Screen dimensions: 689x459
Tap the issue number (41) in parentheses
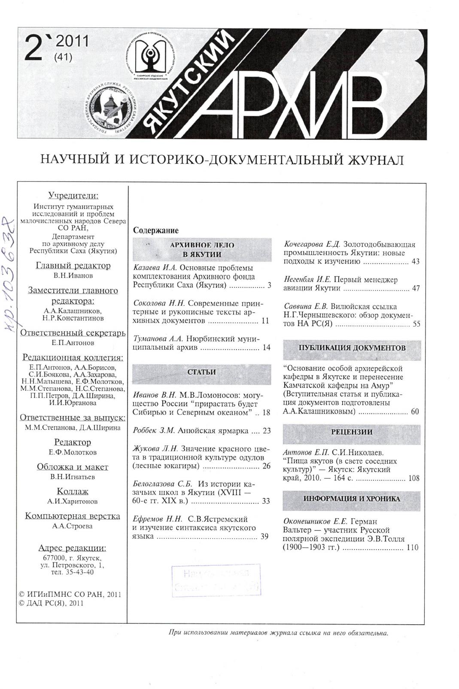(x=64, y=56)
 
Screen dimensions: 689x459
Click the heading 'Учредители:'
(x=73, y=196)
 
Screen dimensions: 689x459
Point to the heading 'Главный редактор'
(x=73, y=266)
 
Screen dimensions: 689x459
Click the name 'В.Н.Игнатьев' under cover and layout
(x=73, y=477)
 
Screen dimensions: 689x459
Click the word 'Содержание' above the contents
(x=156, y=230)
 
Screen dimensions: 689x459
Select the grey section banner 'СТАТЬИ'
(x=202, y=372)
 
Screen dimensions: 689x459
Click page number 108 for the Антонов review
(x=413, y=478)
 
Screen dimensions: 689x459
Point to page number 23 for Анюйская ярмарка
(x=267, y=431)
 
